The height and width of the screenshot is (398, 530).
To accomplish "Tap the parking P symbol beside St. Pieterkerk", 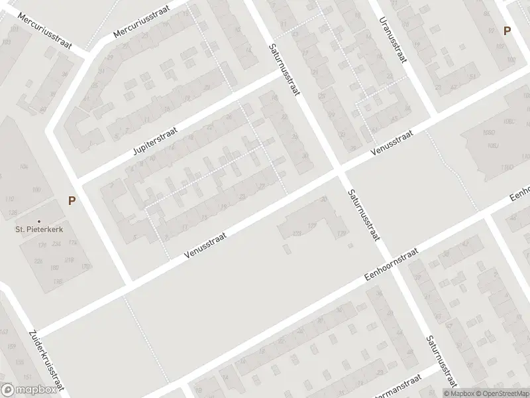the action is (x=72, y=200).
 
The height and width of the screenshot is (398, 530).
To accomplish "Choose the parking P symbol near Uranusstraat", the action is (x=507, y=31).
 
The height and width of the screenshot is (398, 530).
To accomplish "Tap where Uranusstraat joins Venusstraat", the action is (x=434, y=114).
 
